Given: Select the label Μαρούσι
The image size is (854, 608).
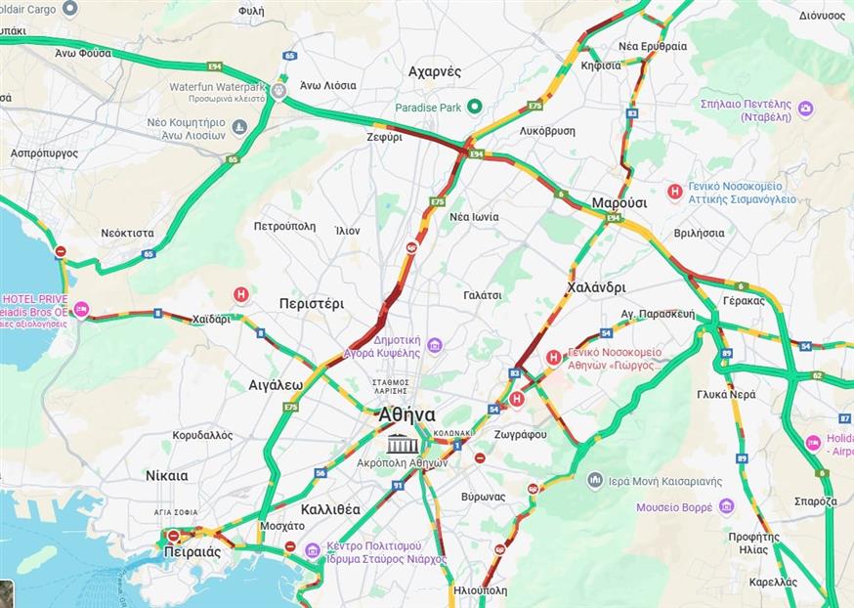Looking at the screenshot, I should click(x=619, y=202).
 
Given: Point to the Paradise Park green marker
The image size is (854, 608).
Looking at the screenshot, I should click(x=474, y=107).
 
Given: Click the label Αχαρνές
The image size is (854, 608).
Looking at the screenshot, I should click(x=435, y=71).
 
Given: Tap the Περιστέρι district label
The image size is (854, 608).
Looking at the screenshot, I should click(x=311, y=303).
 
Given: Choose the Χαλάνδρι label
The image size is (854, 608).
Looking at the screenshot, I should click(x=595, y=287).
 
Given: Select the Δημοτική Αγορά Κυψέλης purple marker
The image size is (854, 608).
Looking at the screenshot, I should click(x=435, y=344).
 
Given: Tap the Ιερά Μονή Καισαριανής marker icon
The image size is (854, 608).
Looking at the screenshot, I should click(x=595, y=480).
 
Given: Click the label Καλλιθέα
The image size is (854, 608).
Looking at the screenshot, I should click(x=330, y=509).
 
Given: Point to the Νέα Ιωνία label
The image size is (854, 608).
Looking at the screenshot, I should click(x=474, y=216).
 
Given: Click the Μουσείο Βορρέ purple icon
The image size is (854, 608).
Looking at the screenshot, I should click(x=726, y=506).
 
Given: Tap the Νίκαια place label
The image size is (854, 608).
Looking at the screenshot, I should click(x=166, y=476).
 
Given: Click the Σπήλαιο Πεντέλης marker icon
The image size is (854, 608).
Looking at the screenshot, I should click(x=805, y=109).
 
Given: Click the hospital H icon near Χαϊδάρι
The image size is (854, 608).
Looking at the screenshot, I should click(x=240, y=293).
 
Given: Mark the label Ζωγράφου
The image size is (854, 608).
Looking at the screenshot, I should click(x=521, y=434).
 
